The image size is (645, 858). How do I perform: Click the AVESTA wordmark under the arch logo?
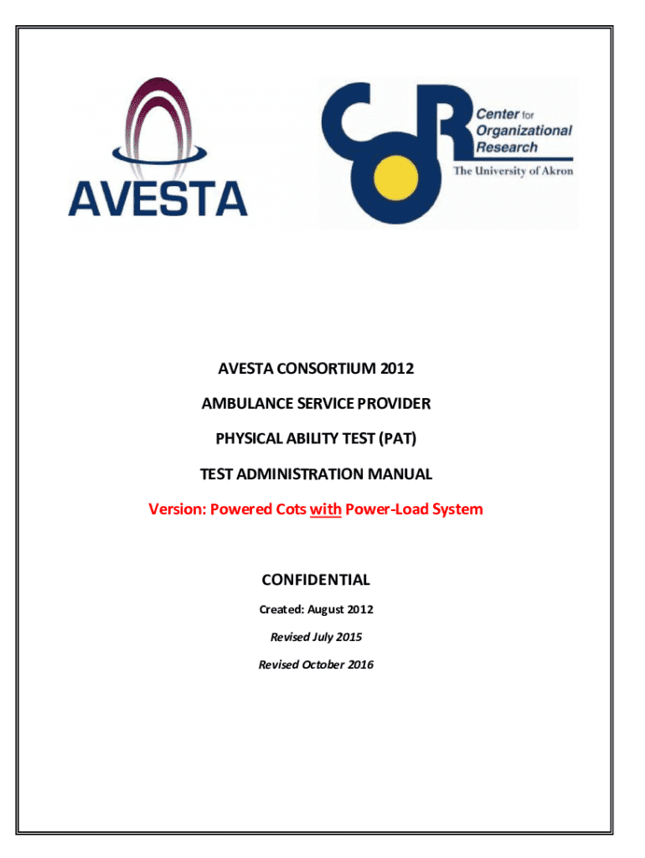157,199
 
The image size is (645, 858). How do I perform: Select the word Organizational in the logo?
524,130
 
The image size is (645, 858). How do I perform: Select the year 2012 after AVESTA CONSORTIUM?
396,369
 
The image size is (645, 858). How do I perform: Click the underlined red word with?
325,509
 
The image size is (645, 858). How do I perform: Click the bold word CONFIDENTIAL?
316,579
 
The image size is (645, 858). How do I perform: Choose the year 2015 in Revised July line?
348,637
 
